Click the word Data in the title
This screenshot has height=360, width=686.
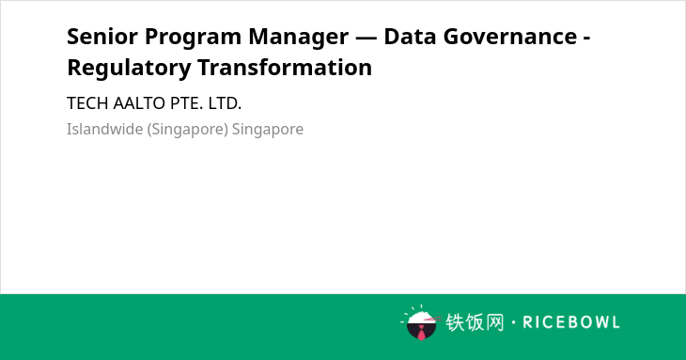(x=410, y=37)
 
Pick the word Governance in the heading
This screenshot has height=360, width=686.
(x=510, y=37)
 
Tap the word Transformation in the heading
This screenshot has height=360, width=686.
(x=285, y=68)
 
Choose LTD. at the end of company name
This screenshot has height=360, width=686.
(x=225, y=103)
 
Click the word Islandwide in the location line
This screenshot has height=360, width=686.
(x=105, y=130)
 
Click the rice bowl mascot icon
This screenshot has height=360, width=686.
(x=420, y=322)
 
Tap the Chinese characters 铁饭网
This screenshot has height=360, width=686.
(x=475, y=322)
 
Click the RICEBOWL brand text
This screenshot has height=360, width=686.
(x=571, y=322)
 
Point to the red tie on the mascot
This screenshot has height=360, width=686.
(x=421, y=333)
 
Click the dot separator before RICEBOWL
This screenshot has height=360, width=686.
(x=513, y=322)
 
